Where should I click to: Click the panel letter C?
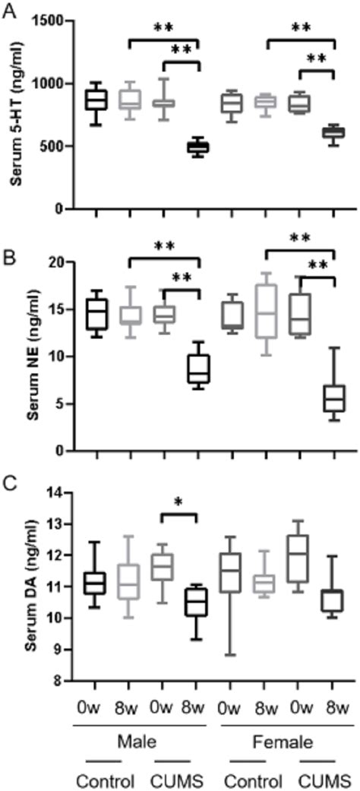[7, 482]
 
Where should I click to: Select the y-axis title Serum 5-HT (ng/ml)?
[13, 114]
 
